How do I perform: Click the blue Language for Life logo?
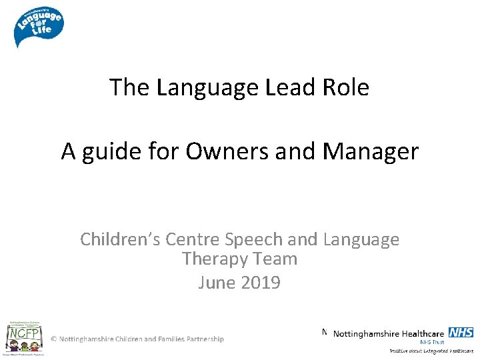point(38,26)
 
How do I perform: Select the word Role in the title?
point(346,87)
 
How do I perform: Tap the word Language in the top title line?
point(208,87)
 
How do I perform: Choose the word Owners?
point(218,152)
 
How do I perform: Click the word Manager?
point(371,152)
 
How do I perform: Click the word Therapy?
point(213,259)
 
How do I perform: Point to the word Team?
point(274,259)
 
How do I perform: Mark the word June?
point(216,283)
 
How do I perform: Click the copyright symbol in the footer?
point(54,339)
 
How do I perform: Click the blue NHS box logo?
point(461,333)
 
